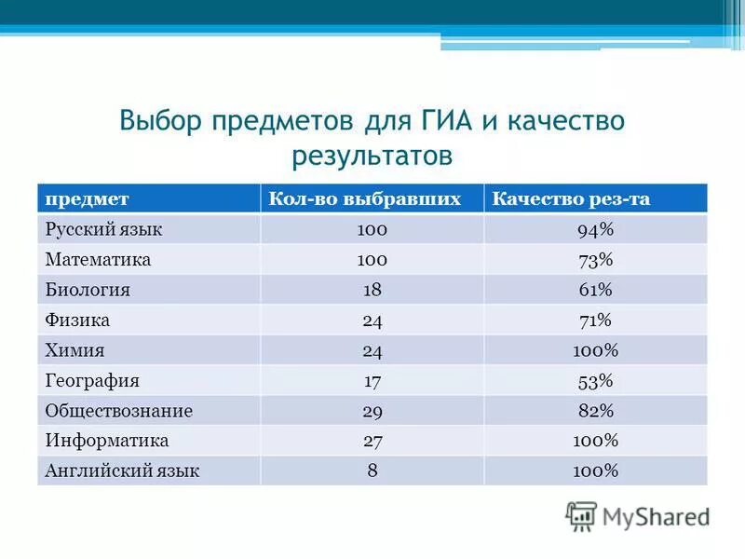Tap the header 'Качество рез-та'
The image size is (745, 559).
coord(571,199)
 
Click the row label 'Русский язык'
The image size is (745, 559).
coord(104,229)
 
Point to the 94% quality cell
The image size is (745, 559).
coord(596,229)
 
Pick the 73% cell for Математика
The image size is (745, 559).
coord(596,259)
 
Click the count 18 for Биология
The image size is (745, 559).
coord(372,290)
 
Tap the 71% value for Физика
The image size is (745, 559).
coord(596,320)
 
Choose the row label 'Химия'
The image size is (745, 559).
coord(74,350)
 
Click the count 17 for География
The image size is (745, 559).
coord(372,380)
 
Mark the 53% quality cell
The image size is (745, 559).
coord(596,380)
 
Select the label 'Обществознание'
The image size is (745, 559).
coord(118,410)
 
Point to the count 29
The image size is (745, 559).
coord(372,410)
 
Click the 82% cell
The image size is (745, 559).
coord(596,410)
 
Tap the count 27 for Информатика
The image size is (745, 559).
coord(372,441)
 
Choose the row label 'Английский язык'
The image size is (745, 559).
coord(122,470)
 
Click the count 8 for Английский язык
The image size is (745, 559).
coord(372,470)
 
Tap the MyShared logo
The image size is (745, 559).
coord(638,514)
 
